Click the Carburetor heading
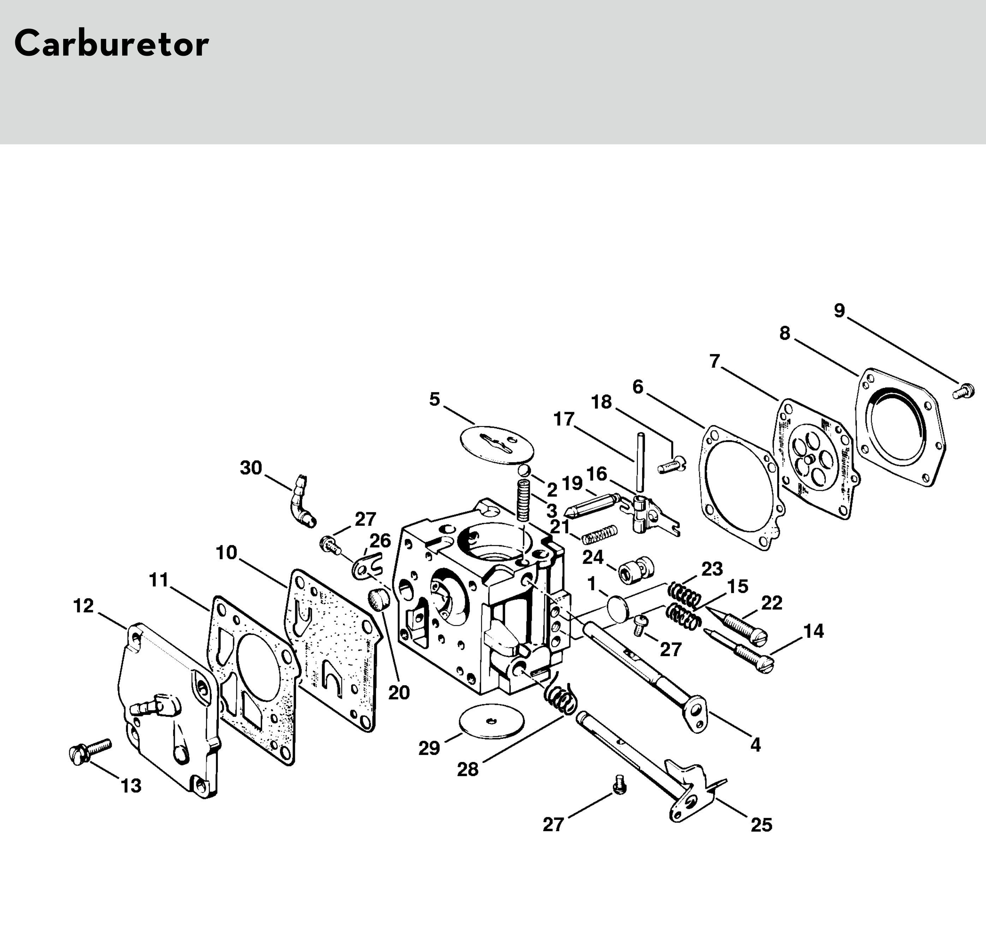click(111, 44)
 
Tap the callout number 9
click(839, 311)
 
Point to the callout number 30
click(251, 468)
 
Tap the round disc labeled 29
click(492, 723)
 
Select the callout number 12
click(83, 606)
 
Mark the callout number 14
click(813, 631)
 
